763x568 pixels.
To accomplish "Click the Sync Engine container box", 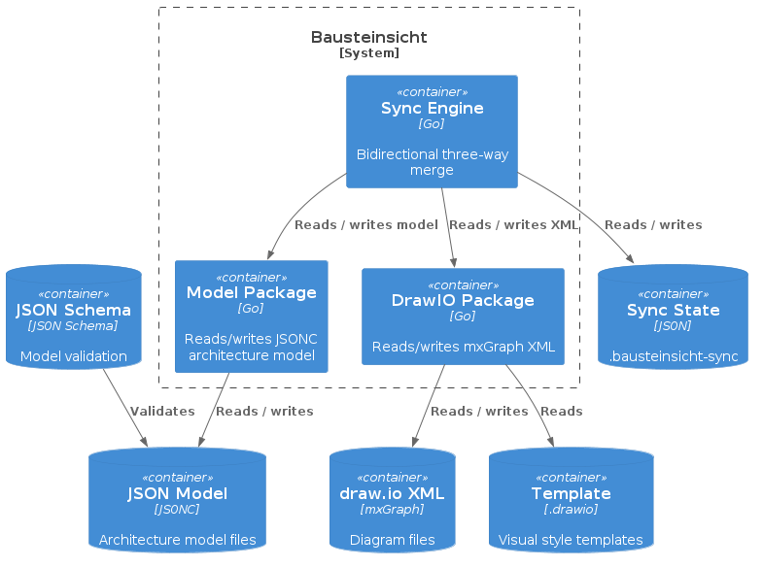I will point(432,131).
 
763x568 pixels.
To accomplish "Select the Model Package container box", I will point(252,316).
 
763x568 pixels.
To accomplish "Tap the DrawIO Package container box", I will point(463,317).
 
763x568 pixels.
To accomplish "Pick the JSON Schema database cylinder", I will point(74,317).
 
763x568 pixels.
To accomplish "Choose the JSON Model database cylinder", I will point(177,500).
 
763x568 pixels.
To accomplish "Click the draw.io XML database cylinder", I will point(392,500).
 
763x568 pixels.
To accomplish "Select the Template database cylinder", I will point(571,500).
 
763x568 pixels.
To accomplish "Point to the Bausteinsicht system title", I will point(368,37).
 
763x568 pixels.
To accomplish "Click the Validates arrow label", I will point(162,411).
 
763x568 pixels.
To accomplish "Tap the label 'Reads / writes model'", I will point(365,224).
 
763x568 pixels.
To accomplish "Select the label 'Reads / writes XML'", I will point(513,224).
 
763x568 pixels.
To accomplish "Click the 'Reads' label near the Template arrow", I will point(561,411).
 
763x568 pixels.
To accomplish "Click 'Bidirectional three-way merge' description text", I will point(432,162).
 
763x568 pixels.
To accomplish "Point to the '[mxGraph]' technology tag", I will point(392,509).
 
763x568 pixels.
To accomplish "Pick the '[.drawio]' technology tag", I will point(571,509).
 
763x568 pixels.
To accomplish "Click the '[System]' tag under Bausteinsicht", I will point(368,53).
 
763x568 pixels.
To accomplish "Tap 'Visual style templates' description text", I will point(571,540).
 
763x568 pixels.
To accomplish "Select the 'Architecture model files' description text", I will point(177,540).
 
